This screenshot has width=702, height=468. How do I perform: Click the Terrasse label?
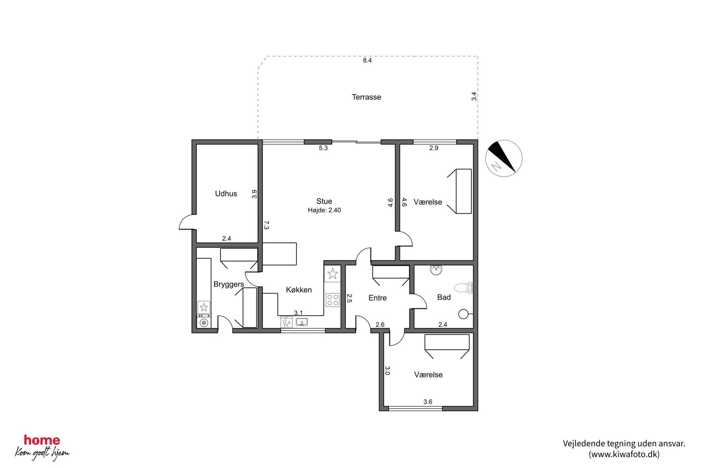coord(366,97)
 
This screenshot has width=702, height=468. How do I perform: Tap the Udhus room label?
coord(226,193)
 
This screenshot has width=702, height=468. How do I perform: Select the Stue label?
coord(324,201)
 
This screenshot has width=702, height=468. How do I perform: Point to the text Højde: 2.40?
coord(324,210)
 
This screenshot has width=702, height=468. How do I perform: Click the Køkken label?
coord(299,290)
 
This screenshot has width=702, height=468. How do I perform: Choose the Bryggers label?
coord(229,284)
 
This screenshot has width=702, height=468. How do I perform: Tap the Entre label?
coord(378,298)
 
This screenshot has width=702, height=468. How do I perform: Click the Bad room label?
coord(444,297)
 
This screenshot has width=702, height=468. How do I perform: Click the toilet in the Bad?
coord(464,288)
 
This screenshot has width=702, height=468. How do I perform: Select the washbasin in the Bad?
coord(436,270)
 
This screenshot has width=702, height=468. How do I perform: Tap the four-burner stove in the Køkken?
coord(333,300)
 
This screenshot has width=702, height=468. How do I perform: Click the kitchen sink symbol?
coord(301,322)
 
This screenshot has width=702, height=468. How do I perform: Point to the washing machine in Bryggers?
coord(203,322)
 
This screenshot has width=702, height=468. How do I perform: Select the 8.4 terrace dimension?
coord(367,60)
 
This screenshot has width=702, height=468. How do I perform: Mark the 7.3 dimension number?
coord(266,225)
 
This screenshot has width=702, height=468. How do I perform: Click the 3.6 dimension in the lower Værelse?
coord(428,402)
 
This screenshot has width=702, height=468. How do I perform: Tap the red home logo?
coord(42,440)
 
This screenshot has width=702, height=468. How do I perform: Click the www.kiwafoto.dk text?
coord(624,454)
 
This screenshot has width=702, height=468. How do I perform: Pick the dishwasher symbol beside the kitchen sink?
coord(287,322)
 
